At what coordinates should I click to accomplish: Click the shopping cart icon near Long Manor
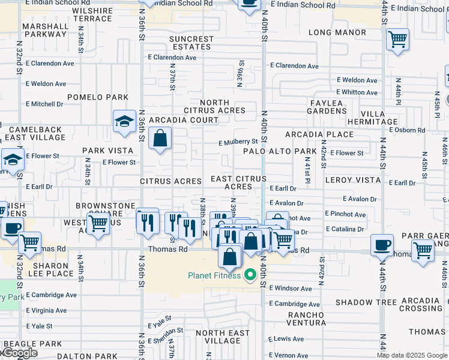pos(397,40)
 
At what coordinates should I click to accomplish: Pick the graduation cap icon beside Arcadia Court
pos(124,121)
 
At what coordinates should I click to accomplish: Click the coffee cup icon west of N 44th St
pos(382,245)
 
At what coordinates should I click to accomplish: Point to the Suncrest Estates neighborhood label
pos(191,43)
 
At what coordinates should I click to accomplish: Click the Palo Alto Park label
pos(280,151)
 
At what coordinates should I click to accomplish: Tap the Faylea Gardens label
pos(335,107)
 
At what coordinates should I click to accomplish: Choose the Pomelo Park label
pos(98,97)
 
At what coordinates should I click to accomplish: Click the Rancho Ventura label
pos(306,319)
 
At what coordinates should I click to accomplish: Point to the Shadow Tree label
pos(366,302)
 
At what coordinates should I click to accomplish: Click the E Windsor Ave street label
pos(291,289)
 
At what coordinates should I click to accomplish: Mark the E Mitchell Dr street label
pos(44,104)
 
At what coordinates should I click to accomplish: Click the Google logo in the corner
pos(20,353)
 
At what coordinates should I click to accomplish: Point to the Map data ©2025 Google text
pos(412,355)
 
